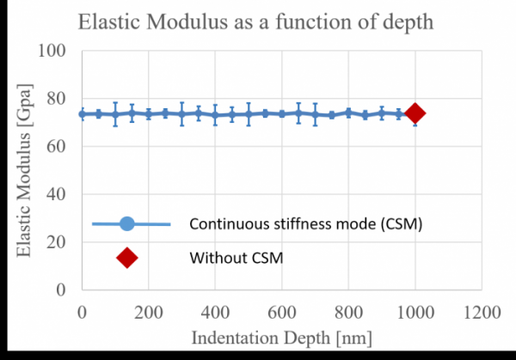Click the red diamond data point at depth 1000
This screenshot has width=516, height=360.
coord(415,113)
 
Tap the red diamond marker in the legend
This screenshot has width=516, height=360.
coord(127,257)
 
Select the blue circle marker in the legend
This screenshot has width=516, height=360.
coord(127,224)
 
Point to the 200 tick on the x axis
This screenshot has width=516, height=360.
coord(148,308)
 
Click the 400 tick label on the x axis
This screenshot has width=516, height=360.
coord(215,308)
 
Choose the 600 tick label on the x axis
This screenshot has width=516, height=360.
coord(281,308)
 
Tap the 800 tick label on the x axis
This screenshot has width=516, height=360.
coord(348,308)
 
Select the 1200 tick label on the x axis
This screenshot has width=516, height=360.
coord(482,308)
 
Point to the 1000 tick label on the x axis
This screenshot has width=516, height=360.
coord(415,308)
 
